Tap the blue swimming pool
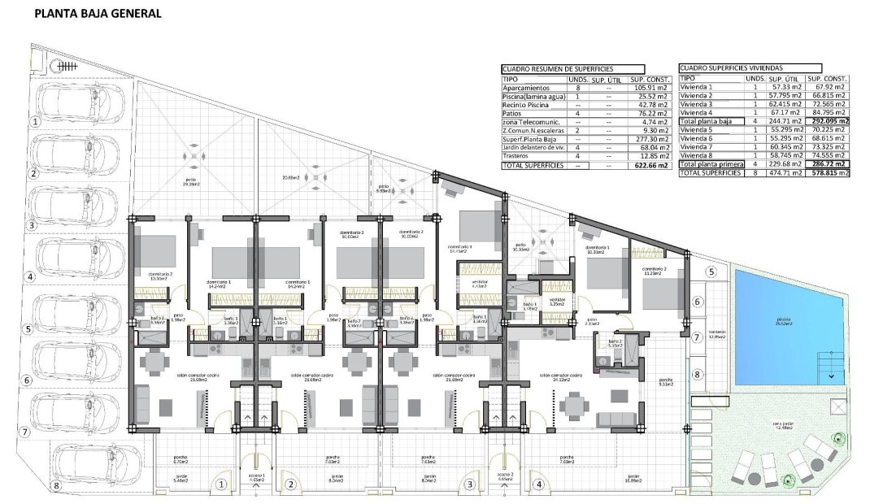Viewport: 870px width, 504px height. click(781, 321)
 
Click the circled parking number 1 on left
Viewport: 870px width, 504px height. click(34, 121)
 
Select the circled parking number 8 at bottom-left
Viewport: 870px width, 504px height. click(56, 486)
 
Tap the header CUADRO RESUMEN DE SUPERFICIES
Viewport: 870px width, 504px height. click(558, 70)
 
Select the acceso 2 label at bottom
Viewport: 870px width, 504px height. click(505, 476)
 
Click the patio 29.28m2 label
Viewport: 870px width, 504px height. click(190, 180)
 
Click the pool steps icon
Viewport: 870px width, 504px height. click(829, 363)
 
